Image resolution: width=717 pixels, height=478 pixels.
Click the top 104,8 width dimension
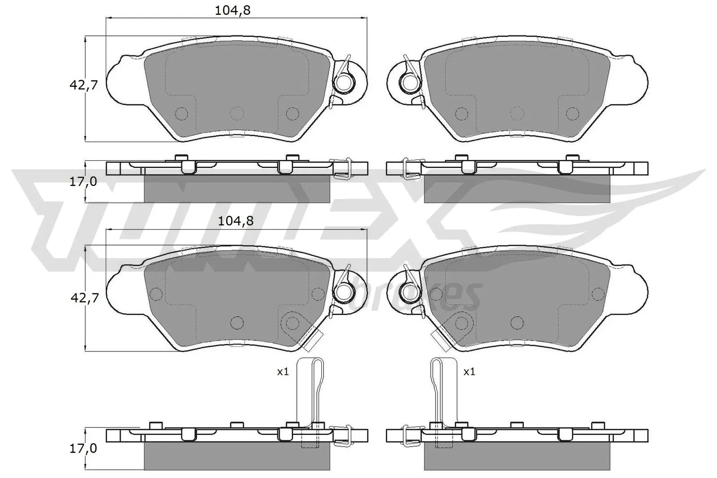pyautogui.click(x=232, y=10)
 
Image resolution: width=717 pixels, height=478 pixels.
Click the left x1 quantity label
pyautogui.click(x=283, y=372)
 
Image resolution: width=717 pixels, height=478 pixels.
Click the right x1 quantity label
pyautogui.click(x=469, y=372)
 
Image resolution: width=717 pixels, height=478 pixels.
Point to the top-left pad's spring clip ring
pyautogui.click(x=345, y=82)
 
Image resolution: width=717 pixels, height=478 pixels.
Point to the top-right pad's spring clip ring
pyautogui.click(x=409, y=82)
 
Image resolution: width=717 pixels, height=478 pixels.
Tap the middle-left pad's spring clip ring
pyautogui.click(x=345, y=293)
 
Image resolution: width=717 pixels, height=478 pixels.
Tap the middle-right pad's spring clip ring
pyautogui.click(x=409, y=293)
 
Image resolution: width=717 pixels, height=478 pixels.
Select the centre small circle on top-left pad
pyautogui.click(x=236, y=112)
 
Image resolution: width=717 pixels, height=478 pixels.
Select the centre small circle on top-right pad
pyautogui.click(x=517, y=112)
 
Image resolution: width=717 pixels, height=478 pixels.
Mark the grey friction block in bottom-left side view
pyautogui.click(x=237, y=456)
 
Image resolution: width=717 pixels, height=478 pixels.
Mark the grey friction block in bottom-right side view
pyautogui.click(x=517, y=456)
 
